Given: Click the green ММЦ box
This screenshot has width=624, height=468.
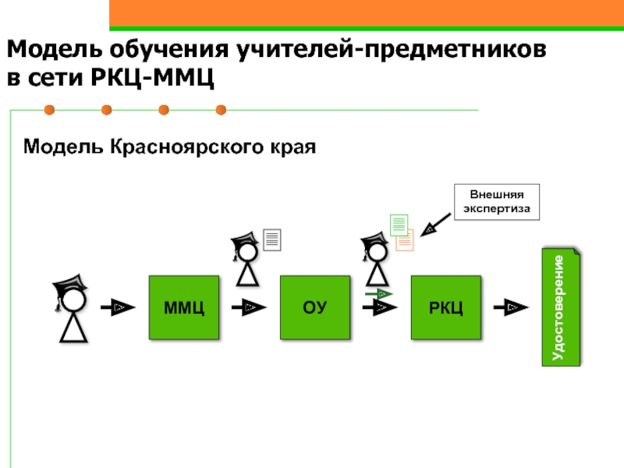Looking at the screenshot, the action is pyautogui.click(x=184, y=307).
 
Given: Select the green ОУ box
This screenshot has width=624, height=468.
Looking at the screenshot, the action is pyautogui.click(x=315, y=307).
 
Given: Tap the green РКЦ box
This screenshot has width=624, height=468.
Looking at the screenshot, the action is pyautogui.click(x=445, y=307).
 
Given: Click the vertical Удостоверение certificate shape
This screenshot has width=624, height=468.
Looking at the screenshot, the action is pyautogui.click(x=561, y=307).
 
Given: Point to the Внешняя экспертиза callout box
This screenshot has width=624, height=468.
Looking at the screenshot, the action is pyautogui.click(x=497, y=202).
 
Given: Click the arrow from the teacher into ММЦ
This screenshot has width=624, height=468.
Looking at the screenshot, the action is pyautogui.click(x=118, y=307).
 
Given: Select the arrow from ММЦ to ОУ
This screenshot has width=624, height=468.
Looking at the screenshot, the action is pyautogui.click(x=249, y=307).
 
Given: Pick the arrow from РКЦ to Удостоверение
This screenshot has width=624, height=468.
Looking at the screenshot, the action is pyautogui.click(x=511, y=307).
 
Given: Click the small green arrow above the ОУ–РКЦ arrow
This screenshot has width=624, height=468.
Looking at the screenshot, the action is pyautogui.click(x=379, y=294).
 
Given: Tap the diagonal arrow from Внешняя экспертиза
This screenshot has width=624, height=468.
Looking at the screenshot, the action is pyautogui.click(x=435, y=225).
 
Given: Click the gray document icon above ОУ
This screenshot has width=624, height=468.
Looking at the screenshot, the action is pyautogui.click(x=272, y=239).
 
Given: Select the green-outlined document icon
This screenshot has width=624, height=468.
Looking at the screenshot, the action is pyautogui.click(x=399, y=225).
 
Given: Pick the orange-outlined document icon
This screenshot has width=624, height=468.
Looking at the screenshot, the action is pyautogui.click(x=405, y=241).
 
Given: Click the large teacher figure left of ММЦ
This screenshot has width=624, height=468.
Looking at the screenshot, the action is pyautogui.click(x=72, y=308).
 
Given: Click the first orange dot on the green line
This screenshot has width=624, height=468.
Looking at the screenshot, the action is pyautogui.click(x=49, y=110).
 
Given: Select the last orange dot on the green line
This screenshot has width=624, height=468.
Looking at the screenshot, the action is pyautogui.click(x=221, y=110).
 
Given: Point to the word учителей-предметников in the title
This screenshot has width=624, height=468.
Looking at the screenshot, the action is pyautogui.click(x=392, y=50).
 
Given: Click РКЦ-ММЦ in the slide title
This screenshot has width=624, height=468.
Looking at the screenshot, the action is pyautogui.click(x=152, y=77).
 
